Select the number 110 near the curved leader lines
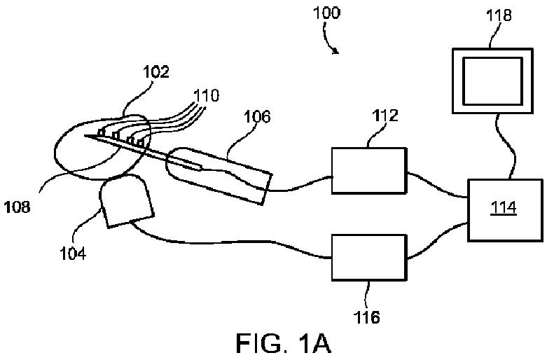coord(207,94)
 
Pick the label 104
coord(73,253)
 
